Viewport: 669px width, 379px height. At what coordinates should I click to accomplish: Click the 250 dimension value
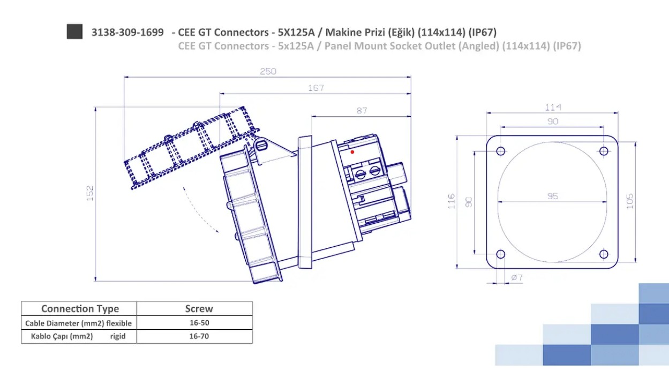[268, 71]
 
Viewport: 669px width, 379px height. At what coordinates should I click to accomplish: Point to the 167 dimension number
[315, 88]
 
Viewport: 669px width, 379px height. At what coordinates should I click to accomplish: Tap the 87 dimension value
[362, 111]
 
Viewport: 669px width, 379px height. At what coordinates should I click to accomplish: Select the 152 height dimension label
[90, 193]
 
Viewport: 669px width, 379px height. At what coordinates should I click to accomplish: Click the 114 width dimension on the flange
[553, 108]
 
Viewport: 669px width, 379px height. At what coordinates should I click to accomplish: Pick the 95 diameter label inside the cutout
[553, 196]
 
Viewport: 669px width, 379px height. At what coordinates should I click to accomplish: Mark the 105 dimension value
[629, 201]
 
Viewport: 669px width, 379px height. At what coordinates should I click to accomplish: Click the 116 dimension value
[452, 201]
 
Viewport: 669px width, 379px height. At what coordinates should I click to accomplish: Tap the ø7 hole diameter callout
[517, 277]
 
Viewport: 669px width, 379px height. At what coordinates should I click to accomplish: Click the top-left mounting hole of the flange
[501, 151]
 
